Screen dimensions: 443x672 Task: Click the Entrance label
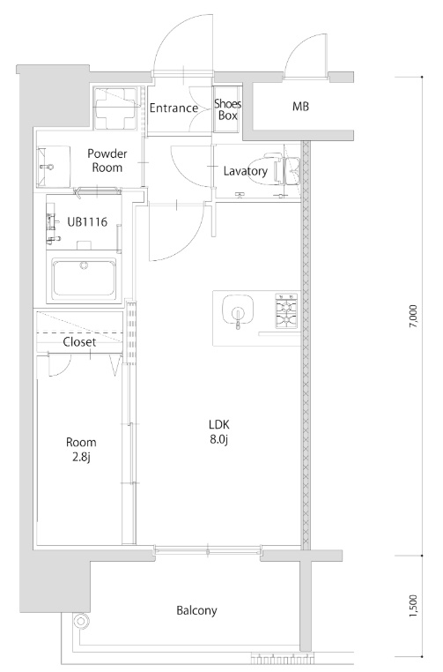(x=174, y=108)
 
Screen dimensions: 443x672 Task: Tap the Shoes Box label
(x=228, y=109)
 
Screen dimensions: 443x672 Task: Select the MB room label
(x=300, y=107)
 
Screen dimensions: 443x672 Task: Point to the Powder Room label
(x=107, y=161)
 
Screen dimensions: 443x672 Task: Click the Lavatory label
(x=245, y=171)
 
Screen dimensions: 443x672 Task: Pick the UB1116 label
(x=87, y=222)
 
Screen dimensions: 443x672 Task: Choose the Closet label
(x=79, y=342)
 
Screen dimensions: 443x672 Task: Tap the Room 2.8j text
(x=81, y=450)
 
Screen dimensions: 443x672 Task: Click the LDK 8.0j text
(x=219, y=432)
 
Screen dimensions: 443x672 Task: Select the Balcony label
(x=196, y=610)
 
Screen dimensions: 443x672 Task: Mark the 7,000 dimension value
(x=412, y=317)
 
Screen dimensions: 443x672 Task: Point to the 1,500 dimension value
(x=412, y=607)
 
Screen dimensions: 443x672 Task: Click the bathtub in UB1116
(x=84, y=277)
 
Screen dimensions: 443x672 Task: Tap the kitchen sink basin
(x=238, y=310)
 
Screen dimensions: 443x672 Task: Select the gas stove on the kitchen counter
(x=286, y=310)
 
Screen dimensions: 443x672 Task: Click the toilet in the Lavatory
(x=273, y=171)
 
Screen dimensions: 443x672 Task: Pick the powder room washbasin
(x=48, y=166)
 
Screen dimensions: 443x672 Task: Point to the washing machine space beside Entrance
(x=117, y=108)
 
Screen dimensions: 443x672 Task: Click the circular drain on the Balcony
(x=80, y=621)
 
